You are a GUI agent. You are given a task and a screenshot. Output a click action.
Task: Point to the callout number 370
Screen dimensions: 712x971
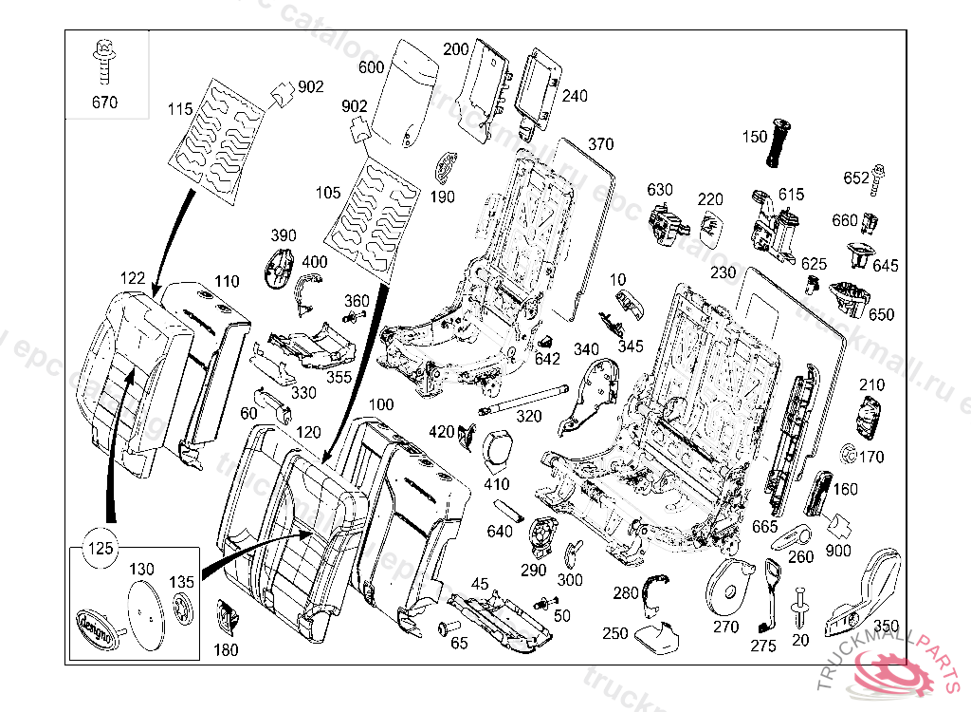[x=600, y=145]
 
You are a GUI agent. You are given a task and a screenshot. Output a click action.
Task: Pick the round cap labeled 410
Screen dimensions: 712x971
[x=498, y=448]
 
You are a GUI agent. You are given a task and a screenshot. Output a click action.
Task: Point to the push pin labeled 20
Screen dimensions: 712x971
[x=799, y=608]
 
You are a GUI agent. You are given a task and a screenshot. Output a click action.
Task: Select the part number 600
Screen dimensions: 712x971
[x=372, y=68]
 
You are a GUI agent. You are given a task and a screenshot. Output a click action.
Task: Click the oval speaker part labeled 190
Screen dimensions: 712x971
[x=445, y=169]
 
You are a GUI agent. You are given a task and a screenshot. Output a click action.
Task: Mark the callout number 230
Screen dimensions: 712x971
[x=724, y=272]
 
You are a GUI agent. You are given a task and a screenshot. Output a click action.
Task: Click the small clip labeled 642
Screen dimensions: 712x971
[x=546, y=341]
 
